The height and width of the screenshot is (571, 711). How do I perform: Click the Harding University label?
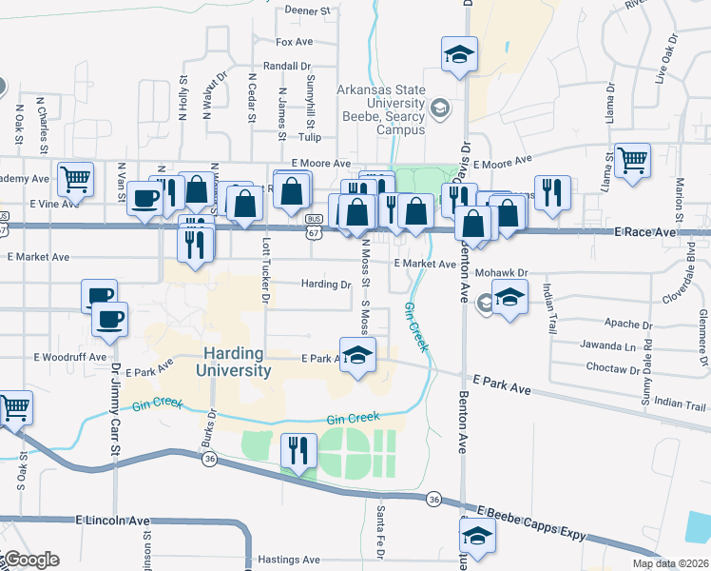[x=237, y=362]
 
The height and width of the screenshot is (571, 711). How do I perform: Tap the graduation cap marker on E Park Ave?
[x=357, y=357]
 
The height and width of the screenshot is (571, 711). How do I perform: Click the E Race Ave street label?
[x=651, y=232]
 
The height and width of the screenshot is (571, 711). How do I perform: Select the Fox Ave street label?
[x=294, y=43]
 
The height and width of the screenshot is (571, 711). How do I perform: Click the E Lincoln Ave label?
[x=113, y=521]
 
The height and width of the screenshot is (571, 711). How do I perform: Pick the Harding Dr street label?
[x=326, y=284]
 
